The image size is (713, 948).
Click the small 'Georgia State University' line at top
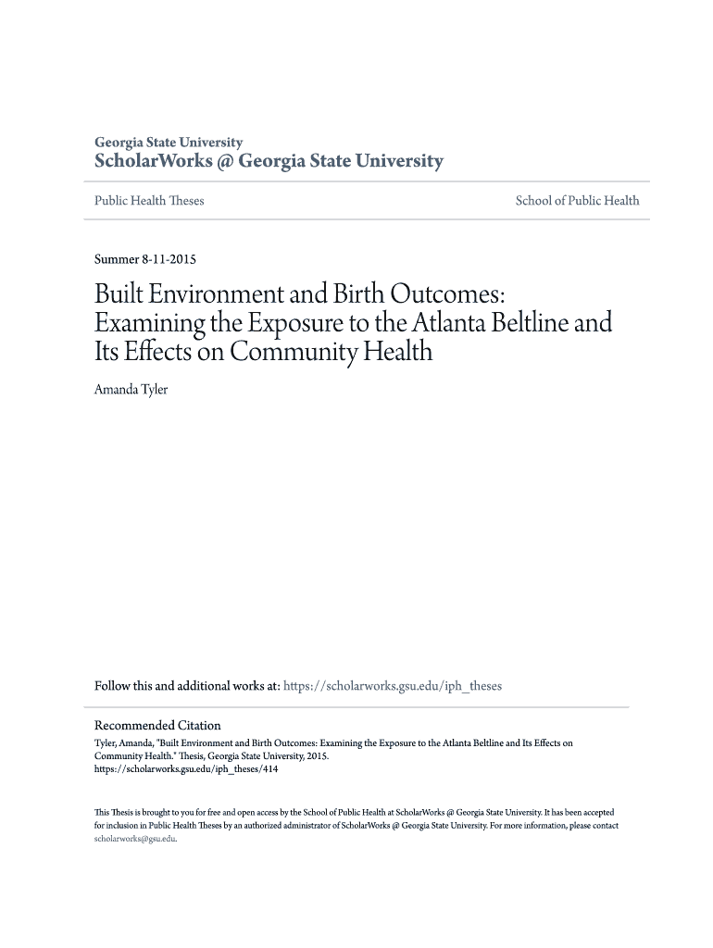pos(169,143)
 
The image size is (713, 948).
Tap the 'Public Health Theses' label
pos(149,201)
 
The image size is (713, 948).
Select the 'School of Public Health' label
pos(577,201)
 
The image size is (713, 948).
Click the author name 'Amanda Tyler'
pos(131,390)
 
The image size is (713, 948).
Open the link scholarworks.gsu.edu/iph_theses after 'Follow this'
pos(392,686)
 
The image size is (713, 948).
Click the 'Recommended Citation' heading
pos(157,726)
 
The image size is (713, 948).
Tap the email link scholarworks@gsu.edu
pos(134,840)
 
